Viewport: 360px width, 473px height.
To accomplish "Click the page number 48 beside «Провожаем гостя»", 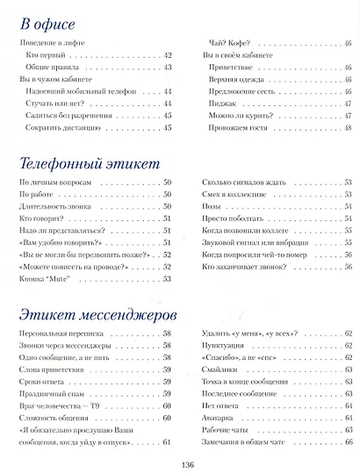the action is coord(349,128).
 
